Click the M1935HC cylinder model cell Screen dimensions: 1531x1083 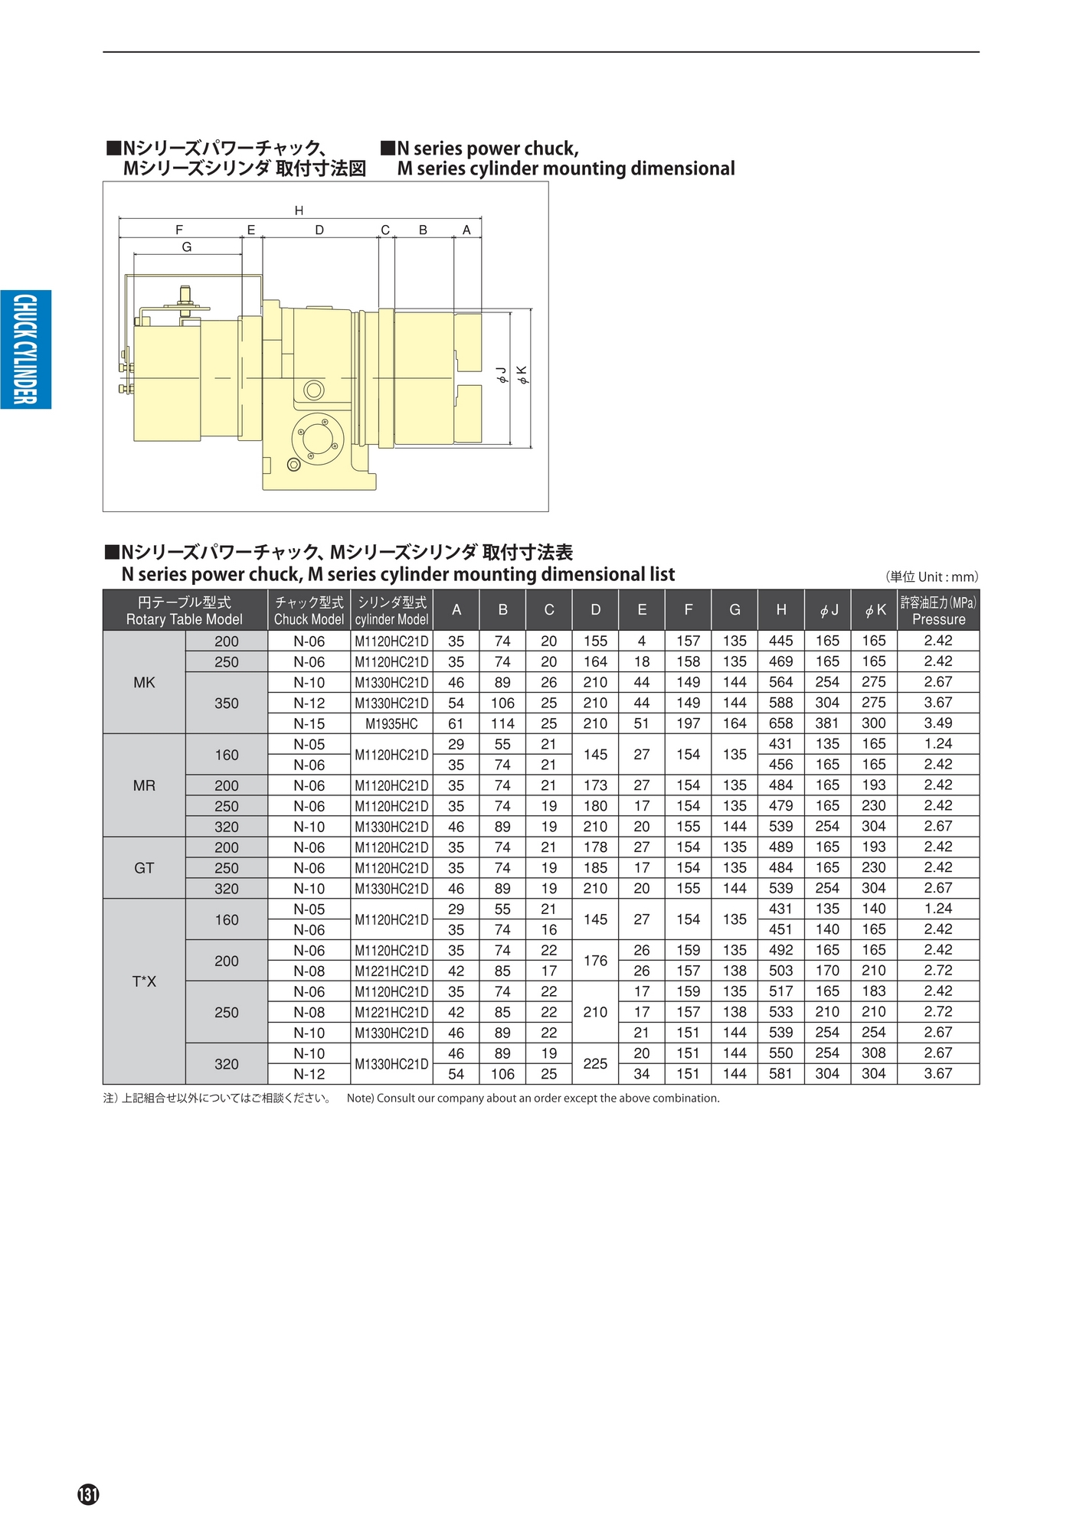tap(391, 724)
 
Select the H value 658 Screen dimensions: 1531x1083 tap(780, 723)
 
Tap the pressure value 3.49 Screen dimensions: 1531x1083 tap(937, 723)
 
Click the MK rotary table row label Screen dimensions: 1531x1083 tap(144, 682)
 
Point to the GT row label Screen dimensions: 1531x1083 tap(144, 868)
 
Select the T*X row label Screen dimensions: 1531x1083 tap(144, 981)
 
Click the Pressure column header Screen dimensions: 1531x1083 tap(938, 611)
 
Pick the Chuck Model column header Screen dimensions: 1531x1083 tap(309, 611)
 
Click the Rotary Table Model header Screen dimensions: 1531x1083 tap(185, 611)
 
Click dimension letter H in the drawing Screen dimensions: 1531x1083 tap(299, 211)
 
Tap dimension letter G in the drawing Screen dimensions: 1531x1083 tap(187, 247)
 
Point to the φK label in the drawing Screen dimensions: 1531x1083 tap(522, 374)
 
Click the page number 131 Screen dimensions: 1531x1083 tap(88, 1494)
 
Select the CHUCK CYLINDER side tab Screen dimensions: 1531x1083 tap(25, 349)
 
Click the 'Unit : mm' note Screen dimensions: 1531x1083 tap(932, 577)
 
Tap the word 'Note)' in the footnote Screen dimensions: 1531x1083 tap(360, 1098)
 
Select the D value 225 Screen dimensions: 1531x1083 tap(595, 1064)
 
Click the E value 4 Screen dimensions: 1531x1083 tap(642, 641)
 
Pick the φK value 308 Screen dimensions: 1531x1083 tap(873, 1053)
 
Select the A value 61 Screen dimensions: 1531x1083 tap(456, 724)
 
